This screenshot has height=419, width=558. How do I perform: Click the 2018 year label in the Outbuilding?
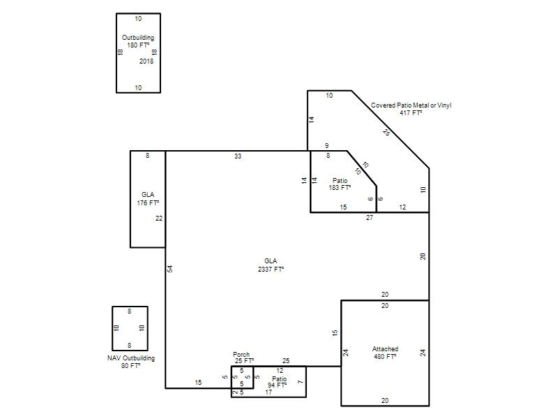pos(146,61)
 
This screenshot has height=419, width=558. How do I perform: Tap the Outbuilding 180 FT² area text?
pos(138,41)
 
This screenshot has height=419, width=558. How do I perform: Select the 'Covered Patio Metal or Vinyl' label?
pos(411,105)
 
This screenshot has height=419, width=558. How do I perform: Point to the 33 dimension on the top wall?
pos(238,156)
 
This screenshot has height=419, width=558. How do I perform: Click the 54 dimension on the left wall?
pos(170,269)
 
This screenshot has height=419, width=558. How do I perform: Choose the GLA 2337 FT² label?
pos(271,265)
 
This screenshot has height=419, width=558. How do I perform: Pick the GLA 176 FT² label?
pos(148,199)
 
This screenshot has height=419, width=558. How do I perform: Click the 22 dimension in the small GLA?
pos(159,219)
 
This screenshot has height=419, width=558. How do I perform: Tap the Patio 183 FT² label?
pos(340,184)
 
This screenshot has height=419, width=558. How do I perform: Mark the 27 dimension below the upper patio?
pos(370,218)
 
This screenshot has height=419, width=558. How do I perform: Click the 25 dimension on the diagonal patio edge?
pos(386,132)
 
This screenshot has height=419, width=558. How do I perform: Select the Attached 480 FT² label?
pos(385,353)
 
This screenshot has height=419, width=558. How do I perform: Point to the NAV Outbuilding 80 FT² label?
pos(131,362)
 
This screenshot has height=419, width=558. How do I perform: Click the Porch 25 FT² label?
pos(243,358)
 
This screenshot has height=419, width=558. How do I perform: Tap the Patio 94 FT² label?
pos(278,382)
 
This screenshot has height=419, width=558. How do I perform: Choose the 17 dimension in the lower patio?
pos(269,392)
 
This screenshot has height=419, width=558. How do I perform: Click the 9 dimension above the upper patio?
pos(326,146)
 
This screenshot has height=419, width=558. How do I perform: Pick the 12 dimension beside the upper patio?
pos(402,207)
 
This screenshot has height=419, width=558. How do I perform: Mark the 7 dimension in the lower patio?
pos(301,382)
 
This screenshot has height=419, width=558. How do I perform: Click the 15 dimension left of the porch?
pos(198,382)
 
